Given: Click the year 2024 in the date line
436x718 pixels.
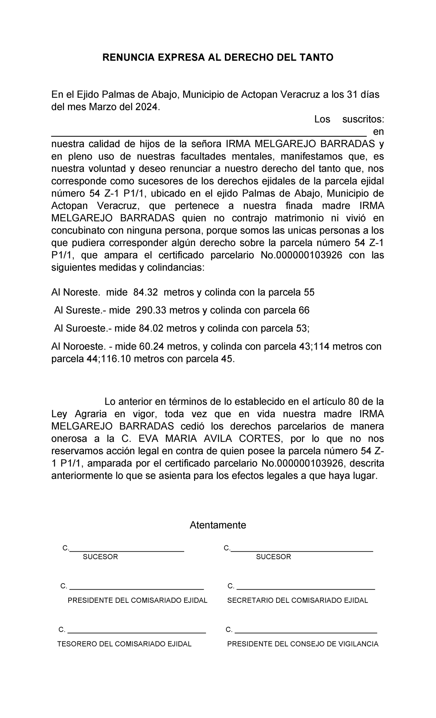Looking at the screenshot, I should point(148,107).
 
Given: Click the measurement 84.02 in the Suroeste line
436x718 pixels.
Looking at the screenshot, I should point(152,329).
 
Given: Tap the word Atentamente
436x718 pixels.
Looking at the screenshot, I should point(218,525).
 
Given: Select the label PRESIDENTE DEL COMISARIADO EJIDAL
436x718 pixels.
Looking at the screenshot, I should point(137,600).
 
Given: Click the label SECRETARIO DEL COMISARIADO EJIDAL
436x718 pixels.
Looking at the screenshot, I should point(298,600).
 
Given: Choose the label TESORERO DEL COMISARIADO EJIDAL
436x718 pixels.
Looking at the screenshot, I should point(125,644).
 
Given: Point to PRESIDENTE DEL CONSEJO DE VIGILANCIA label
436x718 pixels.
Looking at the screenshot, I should point(303,644).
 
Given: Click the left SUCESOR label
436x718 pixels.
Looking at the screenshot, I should point(101,557).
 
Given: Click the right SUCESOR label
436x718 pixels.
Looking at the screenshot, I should point(274,557).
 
